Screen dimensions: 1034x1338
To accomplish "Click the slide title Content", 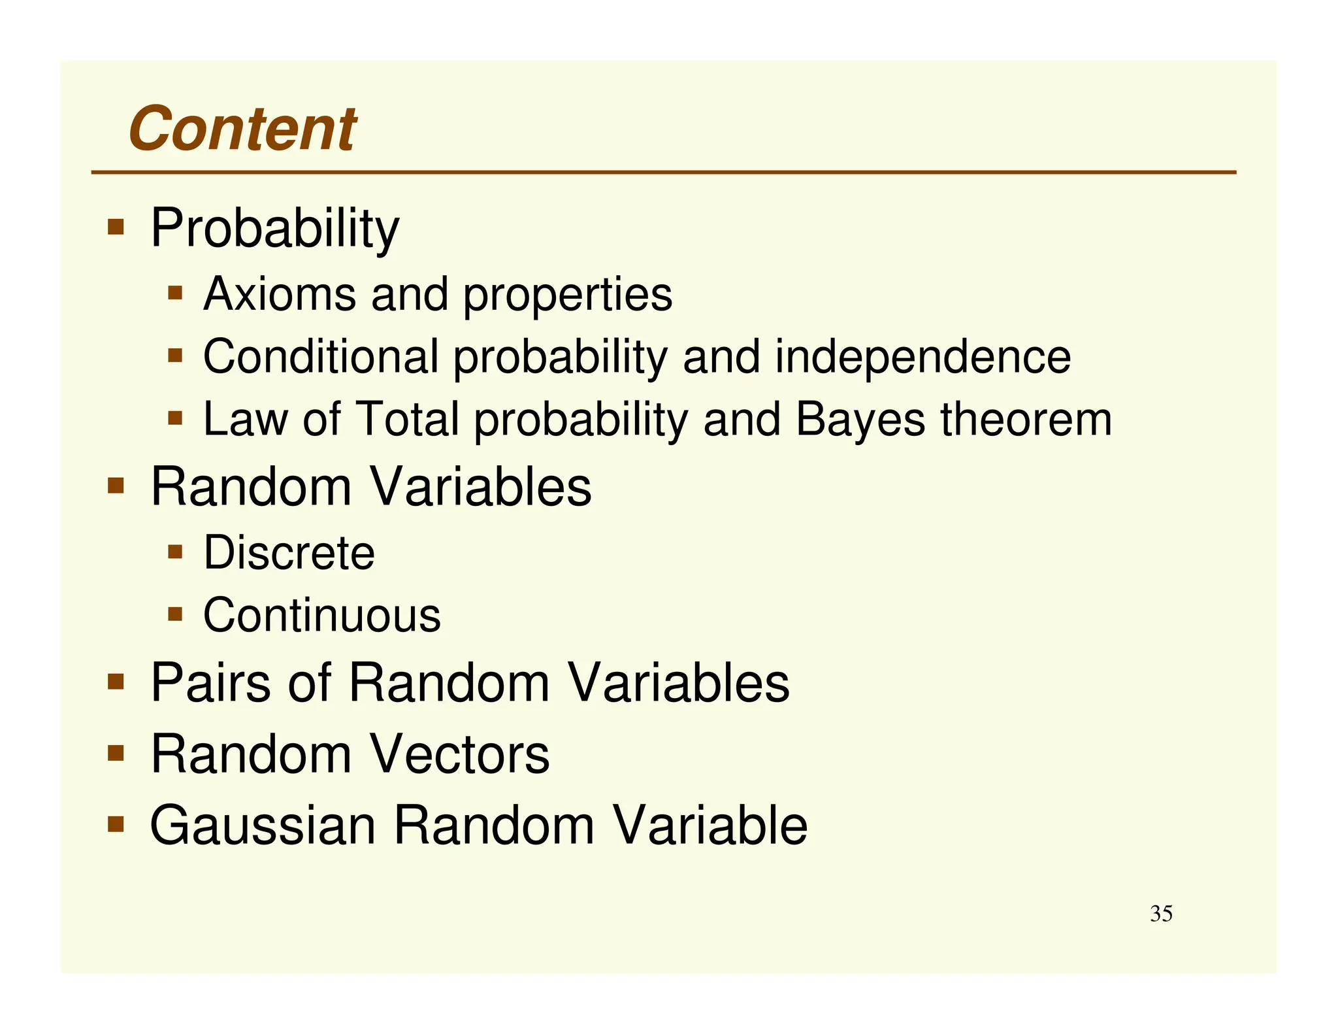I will pos(242,129).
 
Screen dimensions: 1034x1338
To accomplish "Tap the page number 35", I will pos(1161,913).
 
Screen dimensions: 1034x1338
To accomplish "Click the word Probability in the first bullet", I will pos(274,228).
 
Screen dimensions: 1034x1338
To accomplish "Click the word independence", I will pos(922,358).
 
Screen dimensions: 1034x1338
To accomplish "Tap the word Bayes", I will pos(860,419).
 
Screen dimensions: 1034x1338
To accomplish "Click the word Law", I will pos(245,419).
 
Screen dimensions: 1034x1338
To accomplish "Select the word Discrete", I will pos(289,553).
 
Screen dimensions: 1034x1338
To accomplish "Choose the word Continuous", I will pos(322,615).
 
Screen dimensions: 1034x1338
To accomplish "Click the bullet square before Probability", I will pos(116,227).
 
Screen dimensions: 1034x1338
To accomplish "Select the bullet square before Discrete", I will pos(174,552).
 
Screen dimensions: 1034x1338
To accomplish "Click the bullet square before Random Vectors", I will pos(116,753).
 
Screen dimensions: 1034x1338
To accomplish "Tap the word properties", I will pos(567,295).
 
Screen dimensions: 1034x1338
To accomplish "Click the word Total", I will pos(408,419).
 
